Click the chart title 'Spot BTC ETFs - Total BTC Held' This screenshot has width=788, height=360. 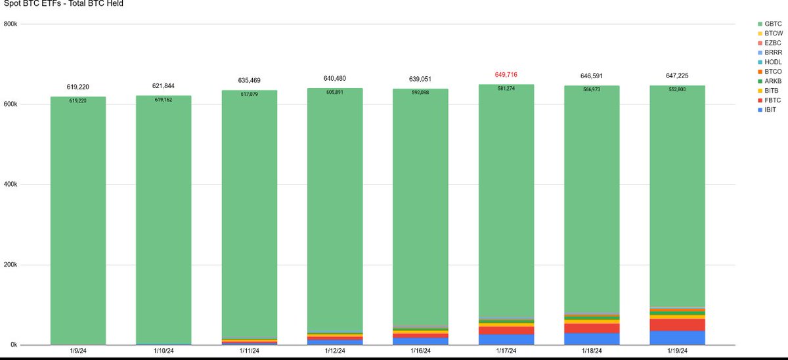pyautogui.click(x=62, y=4)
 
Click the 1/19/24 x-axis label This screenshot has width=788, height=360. pyautogui.click(x=677, y=351)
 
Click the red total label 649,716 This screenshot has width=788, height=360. pyautogui.click(x=506, y=75)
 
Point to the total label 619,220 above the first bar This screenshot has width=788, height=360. pyautogui.click(x=77, y=87)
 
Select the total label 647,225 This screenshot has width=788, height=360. pyautogui.click(x=677, y=76)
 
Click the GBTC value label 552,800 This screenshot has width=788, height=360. pyautogui.click(x=677, y=89)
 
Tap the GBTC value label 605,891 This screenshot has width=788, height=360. pyautogui.click(x=335, y=92)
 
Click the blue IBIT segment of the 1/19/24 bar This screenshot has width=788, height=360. pyautogui.click(x=677, y=338)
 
